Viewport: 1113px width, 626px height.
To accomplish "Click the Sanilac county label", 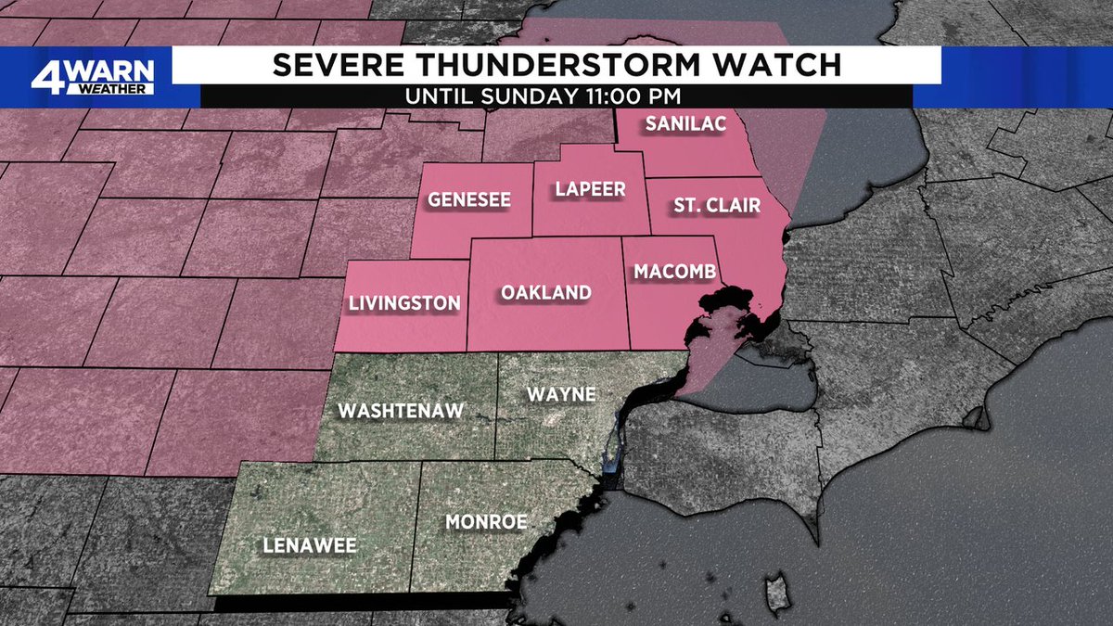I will click(684, 123).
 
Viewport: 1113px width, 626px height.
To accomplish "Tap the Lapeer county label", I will click(591, 189).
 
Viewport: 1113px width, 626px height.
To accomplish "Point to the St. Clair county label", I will click(717, 206).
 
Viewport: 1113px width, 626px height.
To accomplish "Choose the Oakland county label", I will click(546, 293).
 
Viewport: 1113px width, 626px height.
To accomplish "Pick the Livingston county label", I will click(403, 303).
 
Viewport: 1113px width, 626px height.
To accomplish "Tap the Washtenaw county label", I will click(401, 411).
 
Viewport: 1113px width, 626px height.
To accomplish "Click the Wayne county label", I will click(561, 394).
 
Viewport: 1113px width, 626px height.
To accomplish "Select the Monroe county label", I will click(486, 522).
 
